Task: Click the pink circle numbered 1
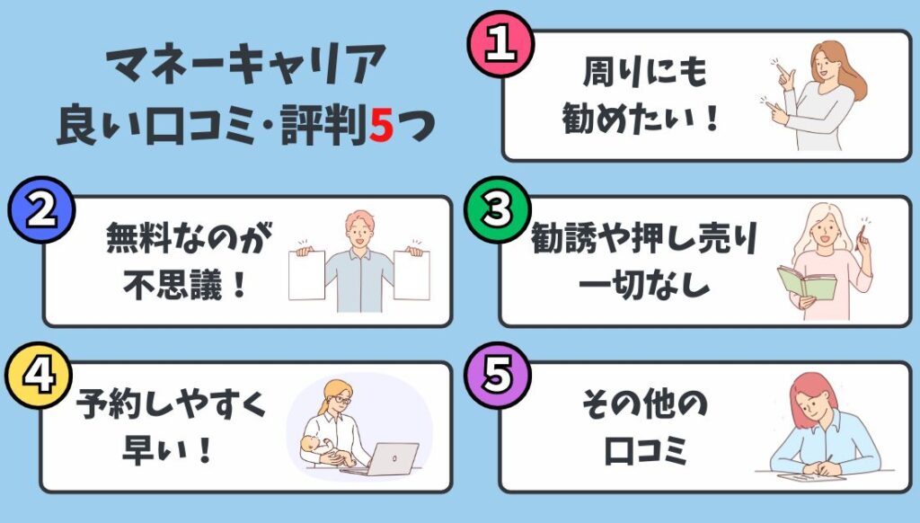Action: click(x=500, y=44)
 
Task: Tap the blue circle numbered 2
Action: click(x=41, y=209)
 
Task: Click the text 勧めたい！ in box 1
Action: click(x=641, y=118)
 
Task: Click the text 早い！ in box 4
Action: click(x=166, y=450)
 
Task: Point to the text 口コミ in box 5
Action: click(x=645, y=450)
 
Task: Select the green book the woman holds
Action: click(x=807, y=282)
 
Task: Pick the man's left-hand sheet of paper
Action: click(x=307, y=275)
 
